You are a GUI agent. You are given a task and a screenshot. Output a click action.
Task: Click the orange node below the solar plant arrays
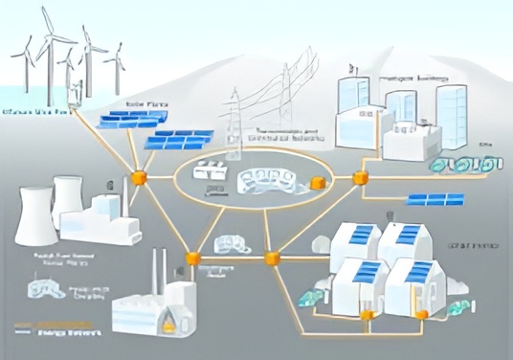pos(139,177)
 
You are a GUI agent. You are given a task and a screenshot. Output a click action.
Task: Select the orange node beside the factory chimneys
pos(192,258)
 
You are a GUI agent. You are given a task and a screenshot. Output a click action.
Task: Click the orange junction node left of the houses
pos(272,258)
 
